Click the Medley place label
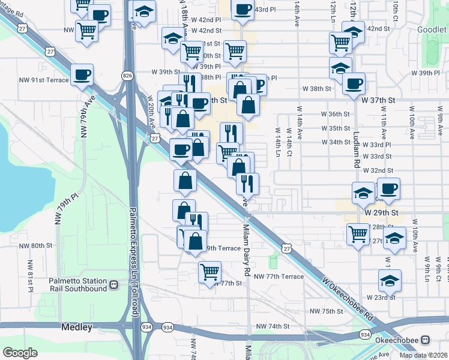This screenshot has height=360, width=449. [76, 327]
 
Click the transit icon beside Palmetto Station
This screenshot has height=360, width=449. [113, 283]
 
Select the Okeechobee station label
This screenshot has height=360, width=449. [401, 339]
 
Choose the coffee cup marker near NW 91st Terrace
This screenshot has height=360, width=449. [82, 76]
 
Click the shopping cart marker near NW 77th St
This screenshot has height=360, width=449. [209, 272]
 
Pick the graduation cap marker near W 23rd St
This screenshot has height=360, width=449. [390, 280]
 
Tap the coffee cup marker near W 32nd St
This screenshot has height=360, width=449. [388, 189]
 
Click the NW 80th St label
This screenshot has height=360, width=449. [36, 246]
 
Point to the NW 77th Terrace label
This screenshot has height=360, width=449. [279, 277]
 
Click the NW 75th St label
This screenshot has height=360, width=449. [326, 311]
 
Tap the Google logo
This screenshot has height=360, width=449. [20, 352]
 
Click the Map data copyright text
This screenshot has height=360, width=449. [423, 355]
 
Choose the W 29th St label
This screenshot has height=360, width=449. [381, 213]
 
